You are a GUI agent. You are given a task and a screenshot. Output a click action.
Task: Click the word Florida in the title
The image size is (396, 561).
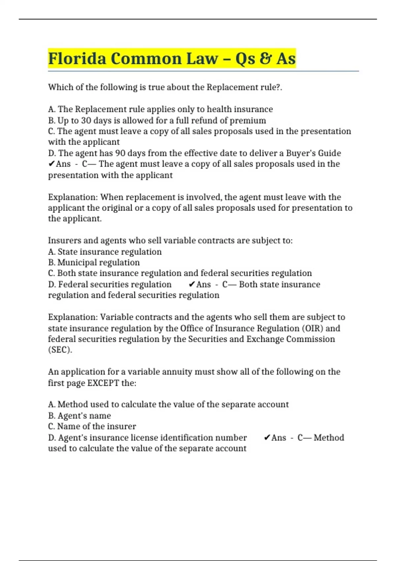(x=77, y=58)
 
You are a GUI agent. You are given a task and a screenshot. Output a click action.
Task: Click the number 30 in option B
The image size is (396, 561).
(x=86, y=120)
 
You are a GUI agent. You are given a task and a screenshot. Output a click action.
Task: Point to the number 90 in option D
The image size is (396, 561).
(x=120, y=153)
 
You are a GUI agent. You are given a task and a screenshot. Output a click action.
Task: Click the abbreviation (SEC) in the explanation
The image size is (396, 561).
(x=60, y=350)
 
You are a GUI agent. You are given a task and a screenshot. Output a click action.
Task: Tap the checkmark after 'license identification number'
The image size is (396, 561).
(x=267, y=438)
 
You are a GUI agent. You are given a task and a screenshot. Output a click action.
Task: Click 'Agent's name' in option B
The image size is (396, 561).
(x=84, y=416)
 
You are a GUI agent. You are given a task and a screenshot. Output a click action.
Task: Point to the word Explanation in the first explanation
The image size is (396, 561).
(x=73, y=197)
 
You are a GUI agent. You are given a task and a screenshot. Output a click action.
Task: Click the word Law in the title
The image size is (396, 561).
(x=202, y=58)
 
